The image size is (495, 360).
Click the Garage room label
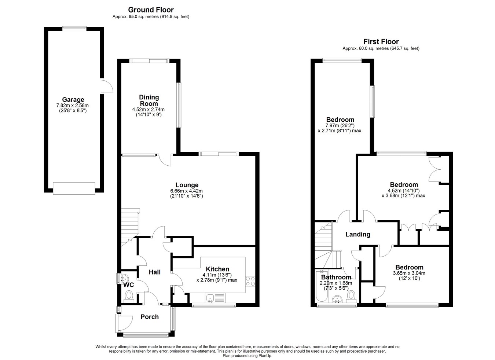[x=73, y=99]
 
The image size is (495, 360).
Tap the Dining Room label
[x=149, y=100]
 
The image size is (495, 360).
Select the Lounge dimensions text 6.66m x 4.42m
[x=186, y=191]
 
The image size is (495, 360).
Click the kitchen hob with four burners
[x=250, y=281]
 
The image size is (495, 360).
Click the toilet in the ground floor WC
[x=129, y=297]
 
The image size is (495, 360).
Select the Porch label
[x=150, y=317]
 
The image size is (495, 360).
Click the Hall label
[x=154, y=272]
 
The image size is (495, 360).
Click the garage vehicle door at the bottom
[x=74, y=188]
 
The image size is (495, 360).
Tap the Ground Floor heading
[x=151, y=10]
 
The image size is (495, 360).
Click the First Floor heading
[x=381, y=41]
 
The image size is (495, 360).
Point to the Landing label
[x=358, y=234]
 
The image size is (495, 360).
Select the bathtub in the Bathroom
[x=322, y=286]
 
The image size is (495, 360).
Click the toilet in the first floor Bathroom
[x=351, y=297]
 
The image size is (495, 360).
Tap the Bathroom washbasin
[x=337, y=299]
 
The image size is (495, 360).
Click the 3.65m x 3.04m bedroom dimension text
[x=409, y=273]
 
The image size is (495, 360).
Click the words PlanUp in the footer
[x=266, y=356]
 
